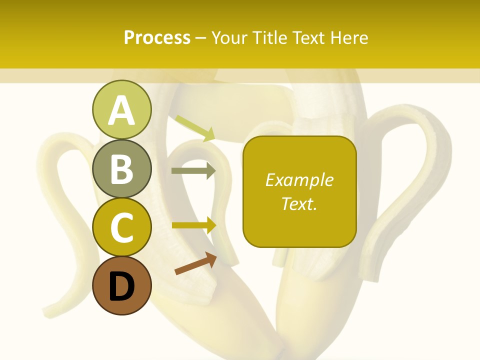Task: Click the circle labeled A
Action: pos(121,109)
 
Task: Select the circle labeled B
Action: pos(121,168)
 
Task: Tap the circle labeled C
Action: pos(121,227)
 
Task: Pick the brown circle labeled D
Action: pos(121,286)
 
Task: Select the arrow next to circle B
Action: pos(193,170)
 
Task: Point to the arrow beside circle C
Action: pos(194,225)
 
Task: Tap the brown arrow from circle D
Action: pos(195,263)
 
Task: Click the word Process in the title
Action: pos(157,37)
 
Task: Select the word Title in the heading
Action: pos(269,37)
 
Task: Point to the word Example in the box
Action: pos(299,180)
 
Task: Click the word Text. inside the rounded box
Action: pos(299,203)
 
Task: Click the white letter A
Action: pos(121,110)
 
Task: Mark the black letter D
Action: pos(121,287)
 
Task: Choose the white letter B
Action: pos(121,169)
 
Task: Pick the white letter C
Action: pos(121,227)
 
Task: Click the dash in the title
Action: pos(201,38)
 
